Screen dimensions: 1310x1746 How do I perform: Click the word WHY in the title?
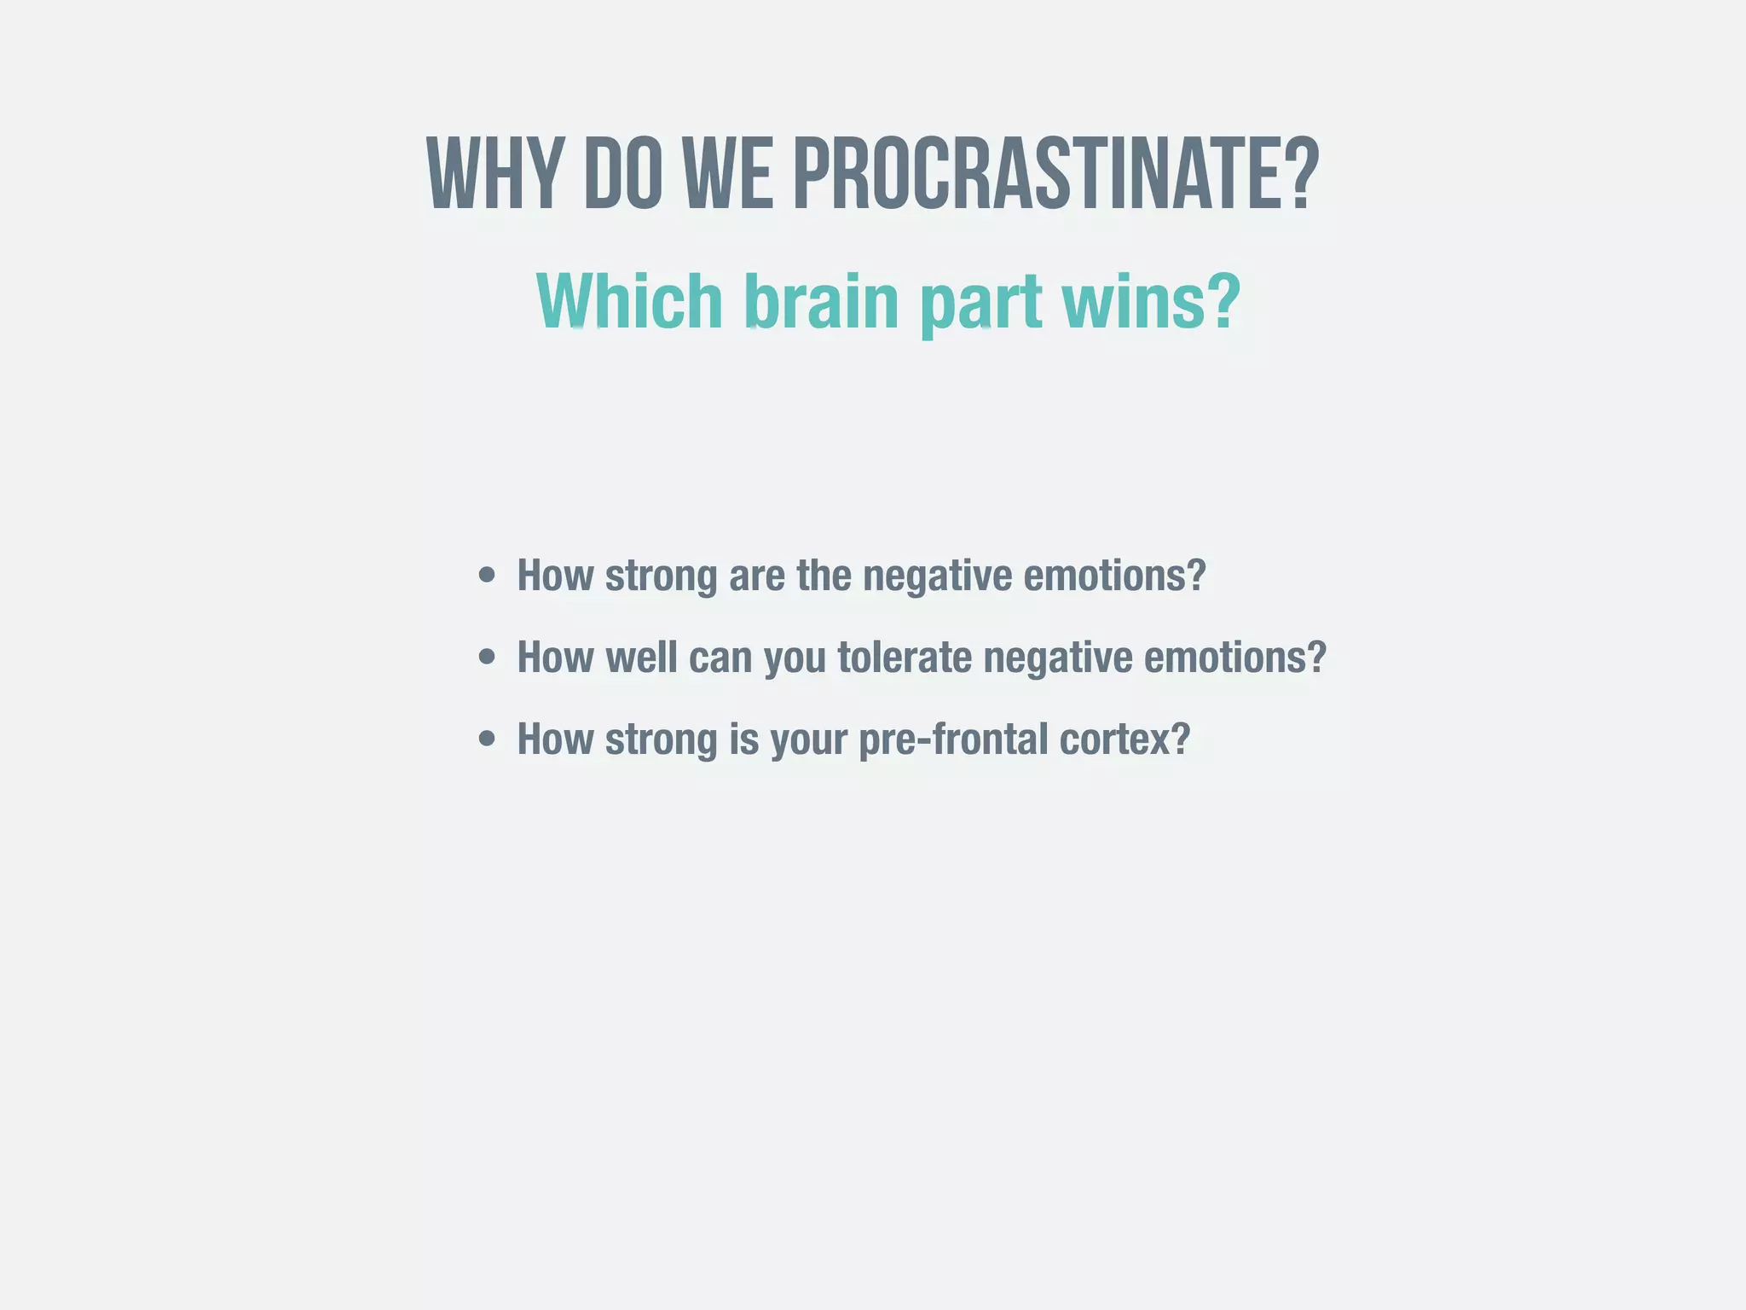click(x=494, y=175)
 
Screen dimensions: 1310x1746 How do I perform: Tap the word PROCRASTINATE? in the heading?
click(x=1055, y=175)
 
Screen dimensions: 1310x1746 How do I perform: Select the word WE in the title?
click(x=728, y=175)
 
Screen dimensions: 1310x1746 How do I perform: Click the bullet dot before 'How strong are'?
click(x=487, y=575)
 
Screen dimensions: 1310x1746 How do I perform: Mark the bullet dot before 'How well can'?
click(x=487, y=658)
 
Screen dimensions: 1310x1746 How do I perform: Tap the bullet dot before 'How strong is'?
click(x=487, y=739)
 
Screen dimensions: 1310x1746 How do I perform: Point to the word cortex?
click(x=1124, y=739)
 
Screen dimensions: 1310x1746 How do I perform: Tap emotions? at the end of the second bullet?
click(x=1234, y=658)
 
